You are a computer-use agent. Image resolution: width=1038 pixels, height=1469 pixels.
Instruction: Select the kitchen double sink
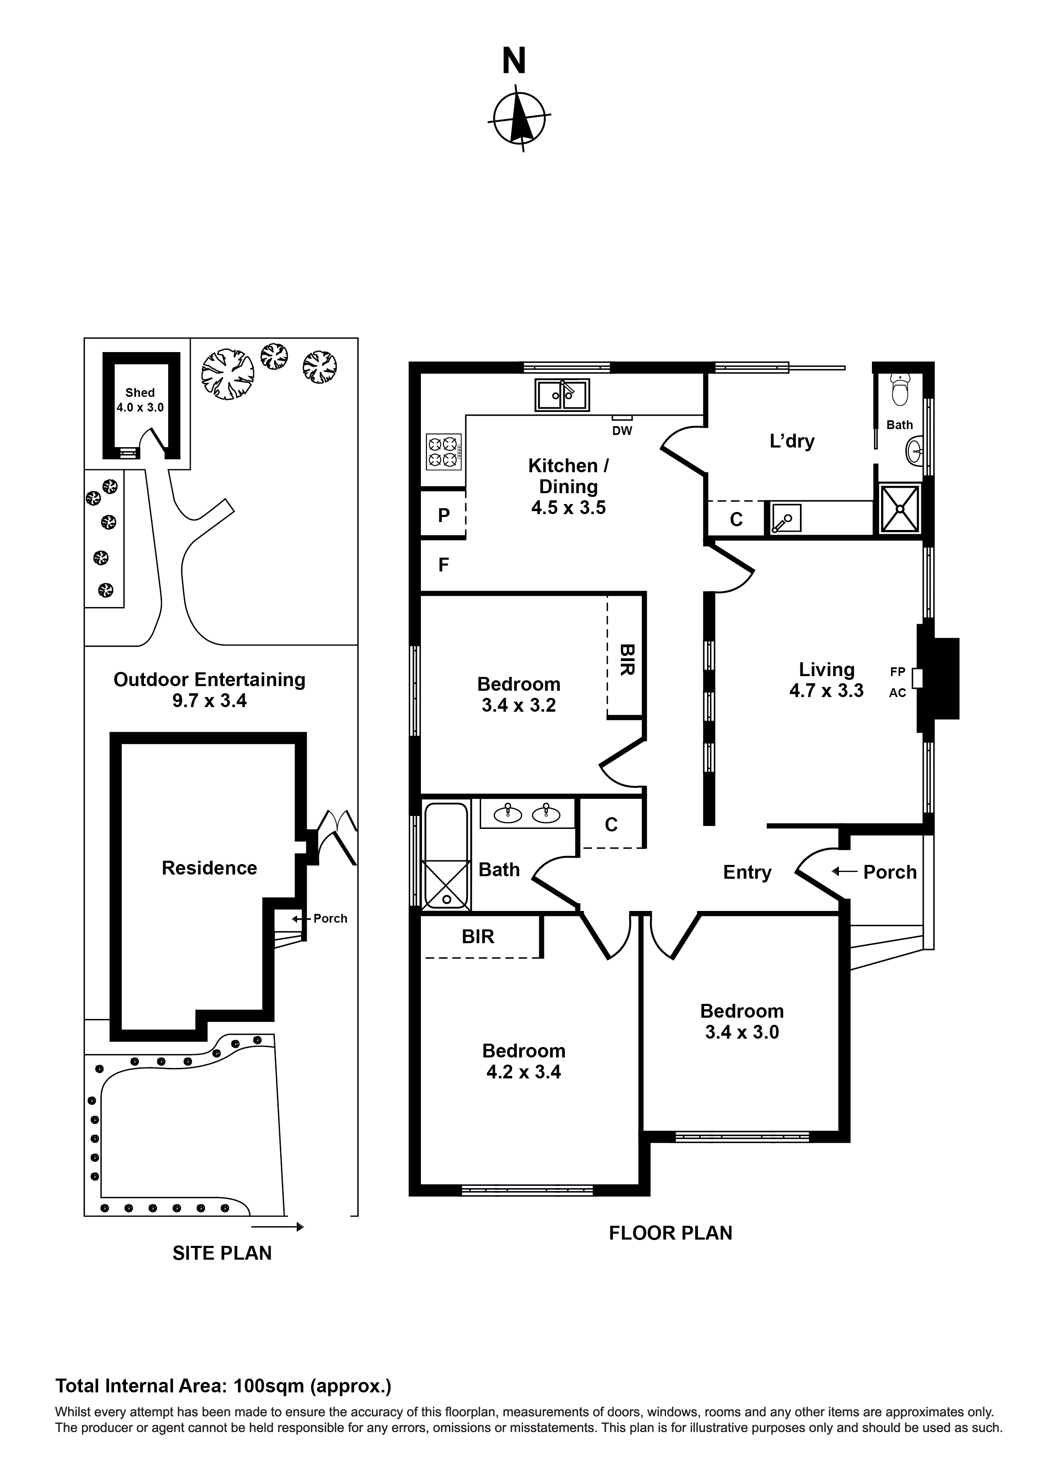point(561,395)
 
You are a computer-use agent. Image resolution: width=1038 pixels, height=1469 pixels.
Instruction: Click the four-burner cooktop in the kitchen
point(443,452)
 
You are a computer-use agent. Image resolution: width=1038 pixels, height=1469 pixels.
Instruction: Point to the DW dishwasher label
point(622,431)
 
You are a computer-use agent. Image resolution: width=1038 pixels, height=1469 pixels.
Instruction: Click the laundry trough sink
point(785,518)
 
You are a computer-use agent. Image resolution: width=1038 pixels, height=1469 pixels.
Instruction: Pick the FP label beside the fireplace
point(897,672)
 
